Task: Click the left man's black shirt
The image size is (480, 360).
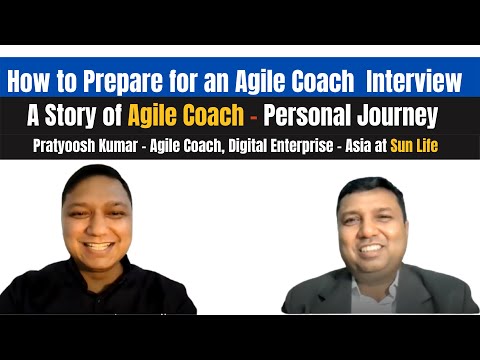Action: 100,295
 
